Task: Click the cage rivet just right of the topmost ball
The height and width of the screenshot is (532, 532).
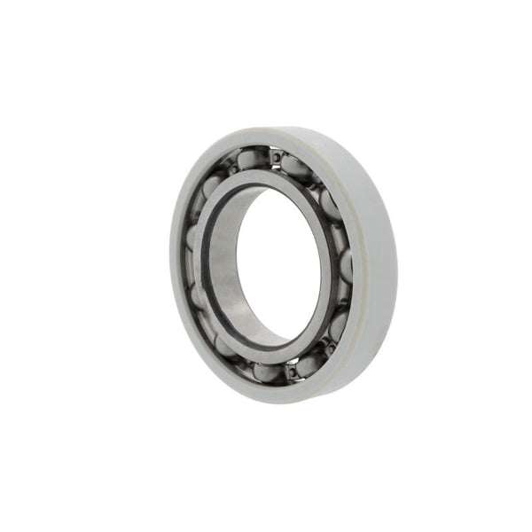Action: pyautogui.click(x=278, y=158)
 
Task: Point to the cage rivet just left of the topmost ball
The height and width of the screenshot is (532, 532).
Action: pyautogui.click(x=232, y=168)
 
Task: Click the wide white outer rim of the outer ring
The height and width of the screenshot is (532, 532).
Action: pyautogui.click(x=377, y=248)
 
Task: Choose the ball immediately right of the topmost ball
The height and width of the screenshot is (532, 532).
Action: pyautogui.click(x=297, y=166)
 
